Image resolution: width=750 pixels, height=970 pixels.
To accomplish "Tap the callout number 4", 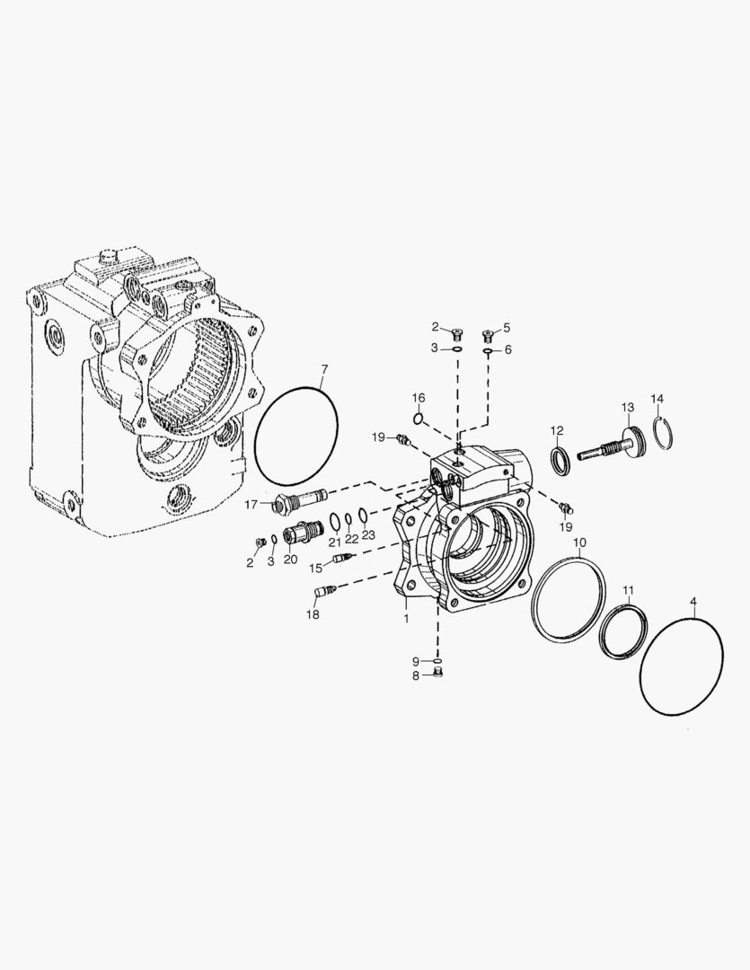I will pos(693,600).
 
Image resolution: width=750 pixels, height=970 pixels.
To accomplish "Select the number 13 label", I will pos(627,407).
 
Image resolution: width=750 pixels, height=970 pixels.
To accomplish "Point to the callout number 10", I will pos(579,543).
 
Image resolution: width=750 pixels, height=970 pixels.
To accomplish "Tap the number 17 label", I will pos(251,505).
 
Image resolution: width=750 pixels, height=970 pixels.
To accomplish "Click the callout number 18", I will pos(312,614).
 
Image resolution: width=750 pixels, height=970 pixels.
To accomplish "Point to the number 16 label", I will pos(419,398).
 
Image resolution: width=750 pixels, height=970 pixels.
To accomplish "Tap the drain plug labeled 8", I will pos(438,674).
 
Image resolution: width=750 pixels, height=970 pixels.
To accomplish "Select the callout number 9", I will pos(416,661).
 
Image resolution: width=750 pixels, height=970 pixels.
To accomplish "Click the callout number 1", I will pos(406,619).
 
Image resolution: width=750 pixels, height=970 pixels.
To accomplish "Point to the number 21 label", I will pos(333,542).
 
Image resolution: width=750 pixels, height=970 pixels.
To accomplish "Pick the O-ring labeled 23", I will pos(361,516).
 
